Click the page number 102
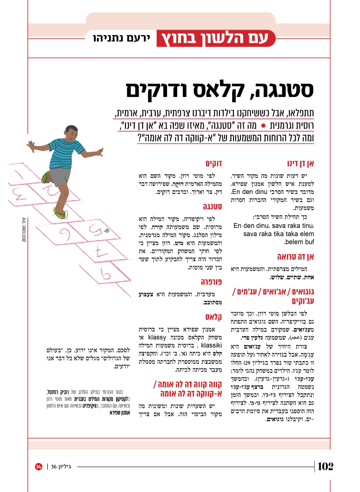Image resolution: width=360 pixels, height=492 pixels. click(x=326, y=466)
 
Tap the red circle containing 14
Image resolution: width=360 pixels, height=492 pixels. click(x=39, y=466)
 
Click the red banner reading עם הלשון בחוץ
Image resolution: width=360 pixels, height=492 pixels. click(x=215, y=38)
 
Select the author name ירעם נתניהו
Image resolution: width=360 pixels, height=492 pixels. click(x=121, y=38)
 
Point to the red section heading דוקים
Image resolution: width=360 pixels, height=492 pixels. click(x=214, y=163)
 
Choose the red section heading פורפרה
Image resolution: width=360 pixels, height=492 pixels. click(x=211, y=282)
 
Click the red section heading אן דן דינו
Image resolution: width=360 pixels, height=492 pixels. click(x=300, y=163)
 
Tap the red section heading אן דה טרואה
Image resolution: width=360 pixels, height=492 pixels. click(x=295, y=257)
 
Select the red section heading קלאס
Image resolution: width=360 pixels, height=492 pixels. click(x=214, y=317)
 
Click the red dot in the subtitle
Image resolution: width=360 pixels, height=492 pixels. click(x=263, y=126)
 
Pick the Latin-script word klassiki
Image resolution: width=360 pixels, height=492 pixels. click(x=211, y=345)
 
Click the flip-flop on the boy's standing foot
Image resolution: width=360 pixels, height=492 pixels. click(x=60, y=213)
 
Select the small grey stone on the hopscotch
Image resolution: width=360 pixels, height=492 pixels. click(x=107, y=230)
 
